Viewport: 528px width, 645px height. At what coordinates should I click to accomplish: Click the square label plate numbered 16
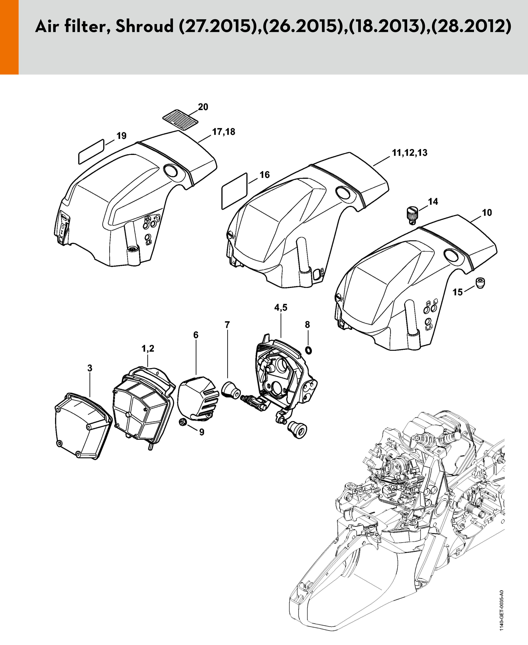[x=235, y=191]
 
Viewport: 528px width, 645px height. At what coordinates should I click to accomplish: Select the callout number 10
[x=487, y=213]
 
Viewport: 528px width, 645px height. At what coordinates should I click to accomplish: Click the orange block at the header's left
[x=9, y=37]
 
